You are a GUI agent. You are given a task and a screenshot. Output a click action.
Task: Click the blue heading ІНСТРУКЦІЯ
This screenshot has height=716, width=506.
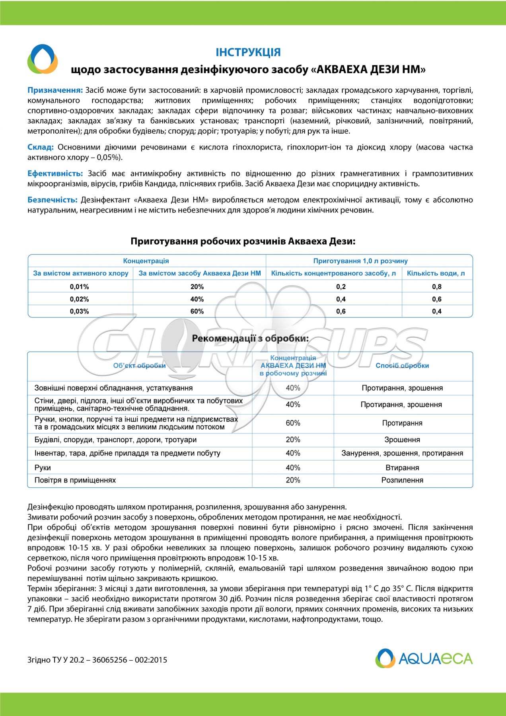pyautogui.click(x=248, y=52)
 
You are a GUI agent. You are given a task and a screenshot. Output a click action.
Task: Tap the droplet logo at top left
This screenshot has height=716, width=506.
pyautogui.click(x=43, y=59)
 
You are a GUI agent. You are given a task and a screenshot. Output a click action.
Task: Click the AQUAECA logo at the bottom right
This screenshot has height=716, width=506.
pyautogui.click(x=424, y=658)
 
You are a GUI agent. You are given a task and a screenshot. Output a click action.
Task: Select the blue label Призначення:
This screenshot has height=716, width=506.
pyautogui.click(x=55, y=90)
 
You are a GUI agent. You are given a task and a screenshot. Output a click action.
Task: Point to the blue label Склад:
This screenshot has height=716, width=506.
pyautogui.click(x=41, y=147)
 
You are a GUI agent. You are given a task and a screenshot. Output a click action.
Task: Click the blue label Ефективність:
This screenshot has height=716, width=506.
pyautogui.click(x=55, y=173)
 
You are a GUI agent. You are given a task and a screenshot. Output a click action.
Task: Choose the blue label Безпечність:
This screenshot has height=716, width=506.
pyautogui.click(x=53, y=200)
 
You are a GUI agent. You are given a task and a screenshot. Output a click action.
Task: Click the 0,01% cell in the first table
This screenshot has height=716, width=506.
pyautogui.click(x=79, y=286)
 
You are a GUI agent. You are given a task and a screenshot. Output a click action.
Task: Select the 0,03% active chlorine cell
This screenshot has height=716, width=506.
pyautogui.click(x=79, y=311)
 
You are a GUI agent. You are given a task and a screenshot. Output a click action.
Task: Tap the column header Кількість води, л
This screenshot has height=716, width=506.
pyautogui.click(x=436, y=273)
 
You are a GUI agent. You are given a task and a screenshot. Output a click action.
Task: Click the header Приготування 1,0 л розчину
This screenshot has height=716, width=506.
pyautogui.click(x=360, y=261)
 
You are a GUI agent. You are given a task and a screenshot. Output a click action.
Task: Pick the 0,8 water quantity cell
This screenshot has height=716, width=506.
pyautogui.click(x=437, y=286)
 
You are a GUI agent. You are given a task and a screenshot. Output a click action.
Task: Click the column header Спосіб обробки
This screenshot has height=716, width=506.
pyautogui.click(x=402, y=366)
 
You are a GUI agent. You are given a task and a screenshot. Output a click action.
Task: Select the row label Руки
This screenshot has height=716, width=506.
pyautogui.click(x=43, y=468)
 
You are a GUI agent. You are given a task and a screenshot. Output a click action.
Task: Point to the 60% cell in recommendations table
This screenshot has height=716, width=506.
pyautogui.click(x=293, y=423)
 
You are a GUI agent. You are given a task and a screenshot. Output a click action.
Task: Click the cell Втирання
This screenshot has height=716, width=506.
pyautogui.click(x=402, y=468)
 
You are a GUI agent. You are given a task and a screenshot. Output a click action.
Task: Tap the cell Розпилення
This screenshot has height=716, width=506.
pyautogui.click(x=402, y=480)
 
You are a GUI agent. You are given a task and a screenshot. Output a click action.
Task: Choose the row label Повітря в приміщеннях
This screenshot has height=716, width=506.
pyautogui.click(x=75, y=480)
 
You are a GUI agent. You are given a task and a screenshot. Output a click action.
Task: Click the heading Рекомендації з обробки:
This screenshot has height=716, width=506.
pyautogui.click(x=250, y=339)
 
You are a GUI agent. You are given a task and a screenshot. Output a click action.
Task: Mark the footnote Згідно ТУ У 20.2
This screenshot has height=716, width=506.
pyautogui.click(x=97, y=660)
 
